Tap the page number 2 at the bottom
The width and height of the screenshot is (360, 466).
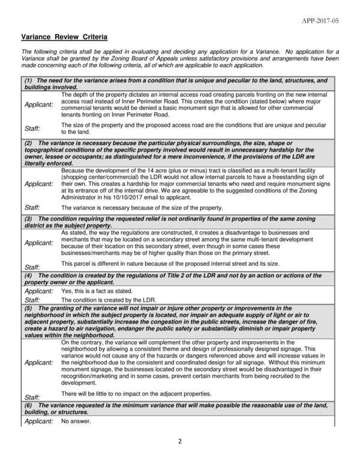click(179, 442)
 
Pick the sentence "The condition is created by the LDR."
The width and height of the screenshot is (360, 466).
click(109, 299)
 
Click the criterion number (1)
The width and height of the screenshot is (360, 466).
click(28, 80)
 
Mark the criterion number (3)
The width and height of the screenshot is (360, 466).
click(28, 220)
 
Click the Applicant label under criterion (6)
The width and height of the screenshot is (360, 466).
click(38, 421)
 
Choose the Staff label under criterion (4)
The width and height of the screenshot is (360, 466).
click(32, 299)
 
